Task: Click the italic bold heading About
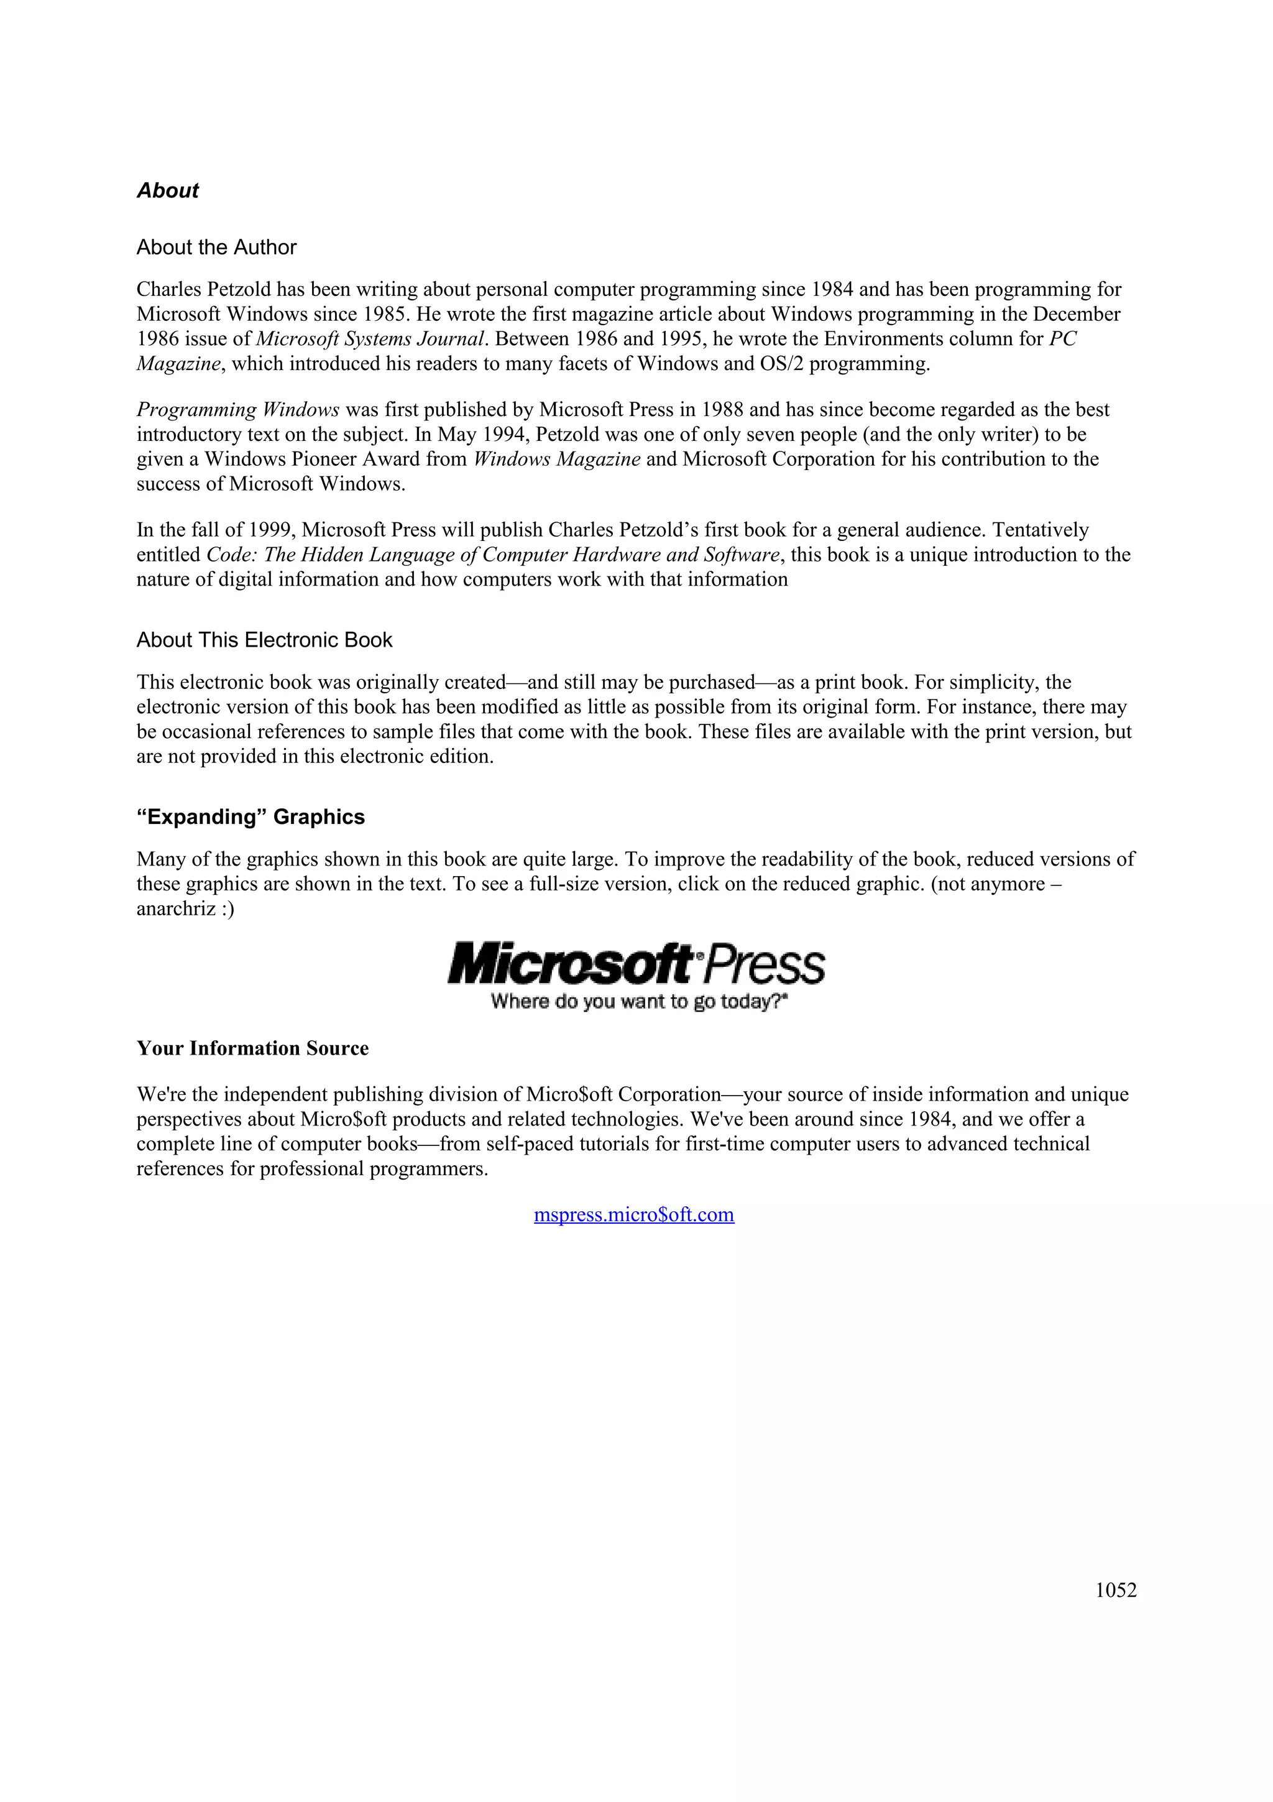[167, 191]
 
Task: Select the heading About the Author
[216, 247]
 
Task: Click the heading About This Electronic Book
[264, 640]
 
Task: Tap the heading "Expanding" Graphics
[250, 817]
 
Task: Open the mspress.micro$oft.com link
[634, 1215]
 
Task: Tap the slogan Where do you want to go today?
[638, 1002]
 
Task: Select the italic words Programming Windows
[237, 410]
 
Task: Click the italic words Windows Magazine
[557, 459]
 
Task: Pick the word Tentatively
[1040, 530]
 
